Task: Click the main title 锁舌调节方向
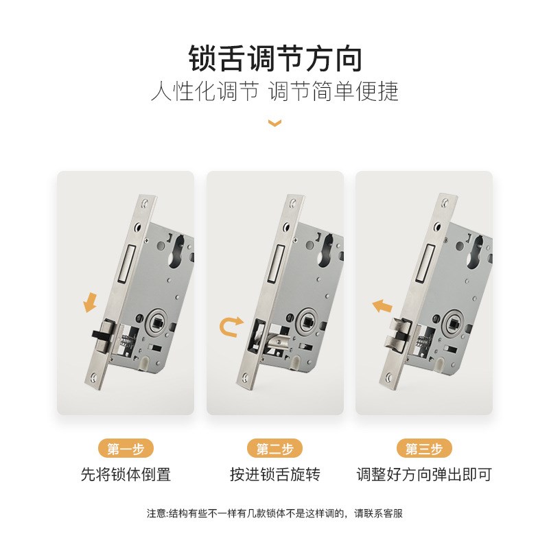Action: click(274, 59)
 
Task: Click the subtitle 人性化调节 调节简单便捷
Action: click(274, 91)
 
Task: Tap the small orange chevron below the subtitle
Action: click(274, 124)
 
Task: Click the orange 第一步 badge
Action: click(126, 449)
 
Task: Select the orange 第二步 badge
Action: click(274, 449)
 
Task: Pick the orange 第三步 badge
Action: click(424, 449)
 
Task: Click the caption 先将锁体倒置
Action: click(126, 474)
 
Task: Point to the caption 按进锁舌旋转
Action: click(274, 474)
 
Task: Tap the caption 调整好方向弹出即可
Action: click(424, 474)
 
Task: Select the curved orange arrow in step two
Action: click(230, 327)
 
